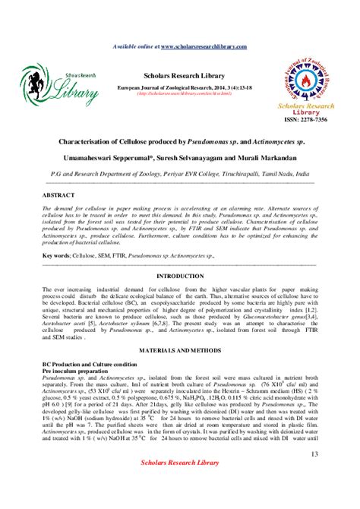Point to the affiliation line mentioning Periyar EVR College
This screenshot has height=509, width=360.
pyautogui.click(x=179, y=173)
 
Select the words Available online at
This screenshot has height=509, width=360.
pyautogui.click(x=135, y=46)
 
